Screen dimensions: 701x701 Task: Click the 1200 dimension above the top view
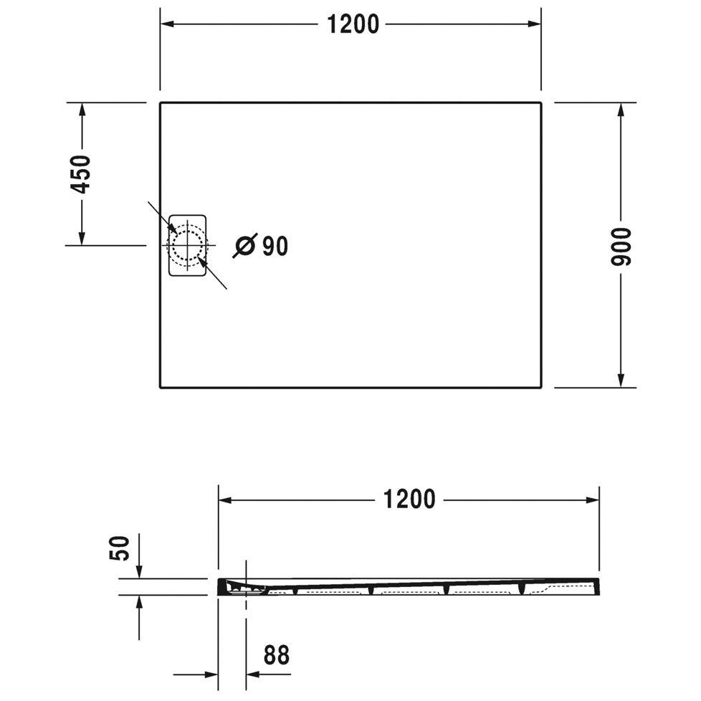coord(353,24)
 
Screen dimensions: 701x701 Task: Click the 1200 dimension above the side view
coord(409,500)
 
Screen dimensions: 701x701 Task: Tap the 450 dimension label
coord(81,174)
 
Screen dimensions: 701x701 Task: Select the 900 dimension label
coord(621,247)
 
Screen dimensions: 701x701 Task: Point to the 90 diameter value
coord(275,246)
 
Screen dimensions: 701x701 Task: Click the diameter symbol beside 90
coord(245,245)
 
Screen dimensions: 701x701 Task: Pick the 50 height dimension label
coord(120,548)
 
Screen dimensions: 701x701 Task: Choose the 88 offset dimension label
coord(277,655)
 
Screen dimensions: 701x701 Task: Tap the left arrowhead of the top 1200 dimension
coord(167,24)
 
